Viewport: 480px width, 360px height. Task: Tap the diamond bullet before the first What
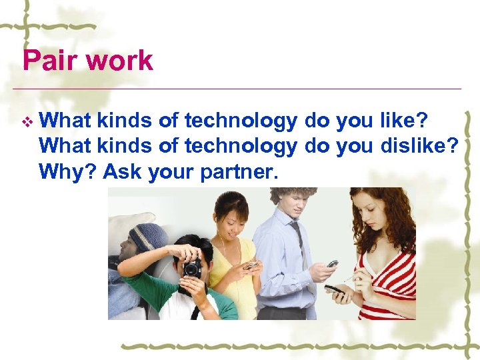(x=26, y=121)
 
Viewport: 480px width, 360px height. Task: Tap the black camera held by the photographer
(x=192, y=267)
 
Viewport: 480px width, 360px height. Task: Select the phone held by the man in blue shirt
(x=331, y=264)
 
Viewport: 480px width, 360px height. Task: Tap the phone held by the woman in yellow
(x=251, y=265)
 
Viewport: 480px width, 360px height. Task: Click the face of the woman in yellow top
(x=231, y=223)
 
